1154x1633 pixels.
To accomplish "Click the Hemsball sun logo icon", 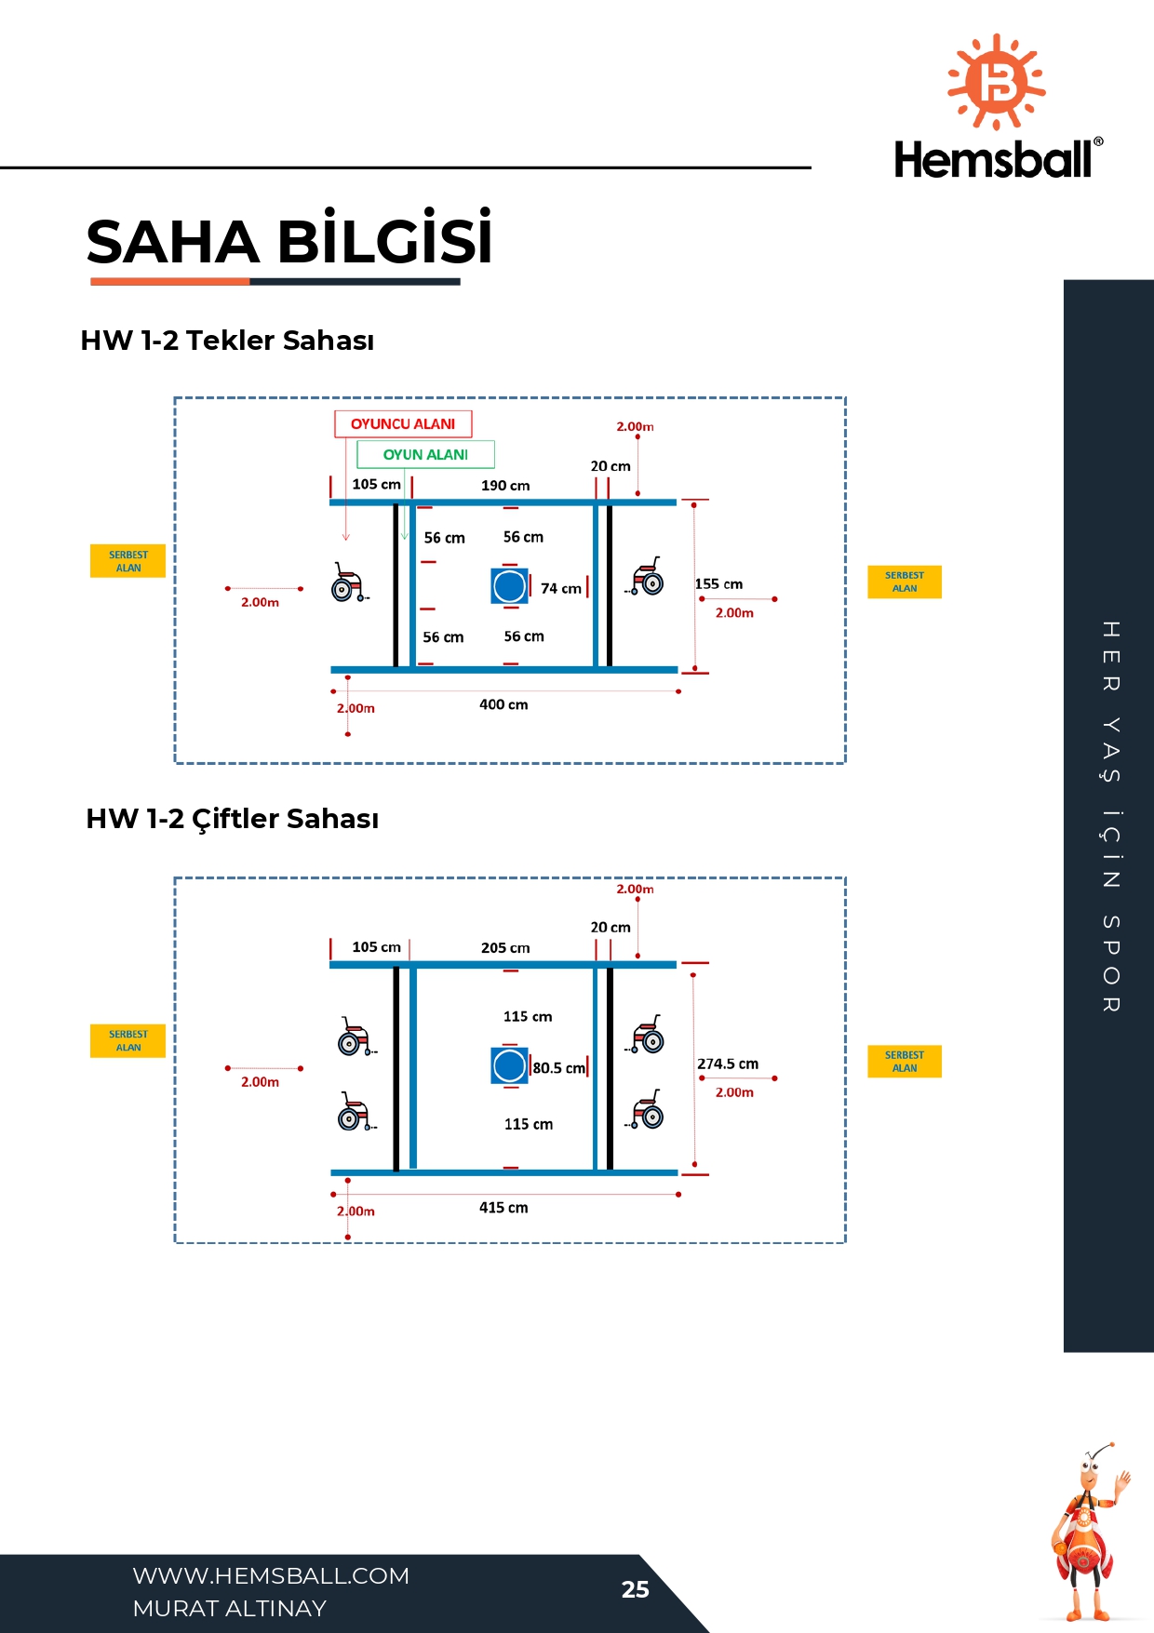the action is [x=997, y=82].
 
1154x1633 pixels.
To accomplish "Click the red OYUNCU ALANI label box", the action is [x=403, y=424].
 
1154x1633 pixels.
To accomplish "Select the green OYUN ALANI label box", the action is [x=425, y=454].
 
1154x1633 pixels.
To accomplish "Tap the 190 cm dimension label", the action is [x=505, y=486].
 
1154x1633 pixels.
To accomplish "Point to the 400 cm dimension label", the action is [x=503, y=705].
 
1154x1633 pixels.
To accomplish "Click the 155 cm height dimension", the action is [x=718, y=584].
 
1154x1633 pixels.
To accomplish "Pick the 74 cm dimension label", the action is [x=561, y=589].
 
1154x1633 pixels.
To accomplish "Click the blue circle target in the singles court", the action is [x=510, y=586].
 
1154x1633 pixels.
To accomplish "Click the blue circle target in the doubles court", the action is [x=510, y=1065].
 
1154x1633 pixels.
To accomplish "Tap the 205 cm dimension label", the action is [x=505, y=948].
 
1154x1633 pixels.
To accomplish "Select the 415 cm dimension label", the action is [x=503, y=1208].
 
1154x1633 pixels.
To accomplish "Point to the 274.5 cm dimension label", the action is [x=728, y=1064].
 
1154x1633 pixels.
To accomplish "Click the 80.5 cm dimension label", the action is [x=558, y=1068].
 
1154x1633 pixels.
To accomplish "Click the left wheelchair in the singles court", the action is [x=349, y=582].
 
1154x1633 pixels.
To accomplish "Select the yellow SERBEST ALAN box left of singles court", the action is [x=127, y=561].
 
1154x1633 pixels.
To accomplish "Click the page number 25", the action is [x=635, y=1589].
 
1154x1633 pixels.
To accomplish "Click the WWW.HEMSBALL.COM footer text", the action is [x=271, y=1575].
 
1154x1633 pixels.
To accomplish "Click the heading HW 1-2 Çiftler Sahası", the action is [x=233, y=819].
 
